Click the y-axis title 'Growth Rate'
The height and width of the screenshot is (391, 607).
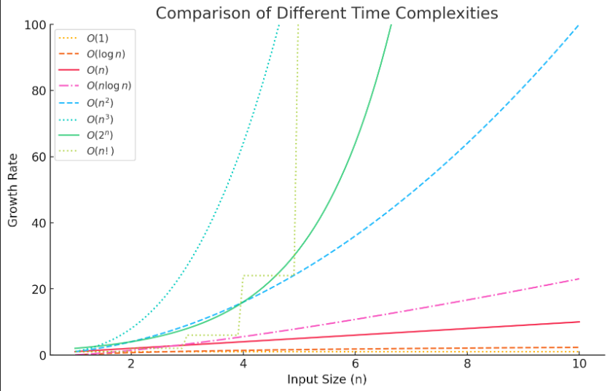tap(13, 190)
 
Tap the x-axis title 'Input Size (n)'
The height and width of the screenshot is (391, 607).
tap(327, 379)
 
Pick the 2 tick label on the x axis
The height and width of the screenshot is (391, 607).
tap(131, 365)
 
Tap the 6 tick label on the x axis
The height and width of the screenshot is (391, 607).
tap(355, 365)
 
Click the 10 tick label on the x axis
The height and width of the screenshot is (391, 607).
tap(579, 365)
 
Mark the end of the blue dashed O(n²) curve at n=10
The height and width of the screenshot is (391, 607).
tap(579, 25)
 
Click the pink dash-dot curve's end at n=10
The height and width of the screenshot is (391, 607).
tap(579, 279)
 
